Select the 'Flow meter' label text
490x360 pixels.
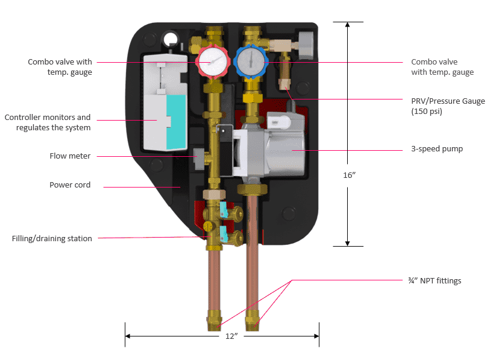coord(70,156)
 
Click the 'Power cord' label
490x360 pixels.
coord(70,185)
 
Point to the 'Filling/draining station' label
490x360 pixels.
coord(52,238)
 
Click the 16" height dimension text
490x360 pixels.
coord(348,175)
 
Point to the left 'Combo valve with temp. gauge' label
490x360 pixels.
coord(60,67)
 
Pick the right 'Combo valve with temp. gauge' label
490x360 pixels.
coord(442,67)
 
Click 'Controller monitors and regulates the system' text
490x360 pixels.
coord(48,122)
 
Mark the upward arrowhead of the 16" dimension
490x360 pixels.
coord(348,26)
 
